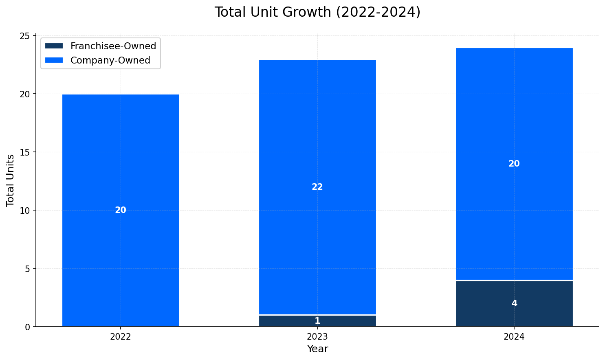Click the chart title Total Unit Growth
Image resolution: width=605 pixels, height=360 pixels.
pos(317,12)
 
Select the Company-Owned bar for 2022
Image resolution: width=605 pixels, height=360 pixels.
pos(121,163)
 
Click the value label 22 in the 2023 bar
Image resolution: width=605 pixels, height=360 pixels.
pos(317,187)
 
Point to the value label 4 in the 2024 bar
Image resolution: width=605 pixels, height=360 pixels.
pos(514,303)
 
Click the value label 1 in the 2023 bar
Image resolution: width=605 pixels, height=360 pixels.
pos(317,321)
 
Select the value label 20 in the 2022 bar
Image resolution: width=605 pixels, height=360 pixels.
pos(121,210)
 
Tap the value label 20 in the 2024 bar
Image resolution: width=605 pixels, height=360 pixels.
pos(514,164)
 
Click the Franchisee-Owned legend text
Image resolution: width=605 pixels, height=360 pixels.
pos(113,46)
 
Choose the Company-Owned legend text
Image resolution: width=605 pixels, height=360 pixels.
pos(110,60)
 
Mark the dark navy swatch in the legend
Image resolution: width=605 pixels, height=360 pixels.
pos(54,46)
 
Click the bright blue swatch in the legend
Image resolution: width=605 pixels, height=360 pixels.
pos(54,60)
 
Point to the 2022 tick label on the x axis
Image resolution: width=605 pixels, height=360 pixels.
pos(121,337)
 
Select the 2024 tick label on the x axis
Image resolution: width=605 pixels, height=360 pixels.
pos(514,337)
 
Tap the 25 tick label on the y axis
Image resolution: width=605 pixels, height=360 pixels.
pos(25,36)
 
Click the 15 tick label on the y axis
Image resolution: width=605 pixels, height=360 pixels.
pos(25,152)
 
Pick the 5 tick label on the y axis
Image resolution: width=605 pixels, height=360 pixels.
pos(28,269)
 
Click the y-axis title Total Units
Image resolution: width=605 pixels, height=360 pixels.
pos(11,180)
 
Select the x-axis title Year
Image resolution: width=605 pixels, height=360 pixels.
pos(317,349)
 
